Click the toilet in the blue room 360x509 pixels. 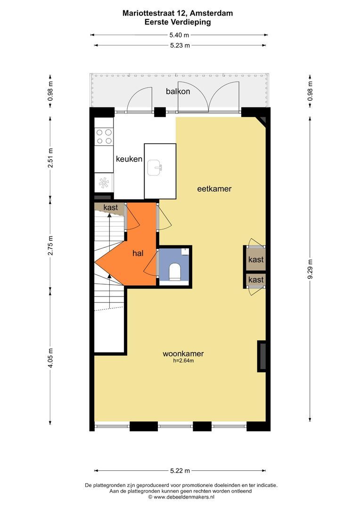coord(175,272)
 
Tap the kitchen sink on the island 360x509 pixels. coord(155,168)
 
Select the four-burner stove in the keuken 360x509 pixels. coord(104,137)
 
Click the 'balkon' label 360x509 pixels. coord(178,91)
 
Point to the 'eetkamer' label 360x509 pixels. coord(214,189)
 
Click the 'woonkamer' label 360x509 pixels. coord(183,353)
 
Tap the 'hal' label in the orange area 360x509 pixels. coord(138,253)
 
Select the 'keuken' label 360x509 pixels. coord(129,159)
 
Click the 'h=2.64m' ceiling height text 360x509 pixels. coord(183,361)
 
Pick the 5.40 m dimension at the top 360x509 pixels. coord(179,35)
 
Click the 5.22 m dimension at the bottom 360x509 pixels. coord(180,471)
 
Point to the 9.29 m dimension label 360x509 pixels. coord(310,269)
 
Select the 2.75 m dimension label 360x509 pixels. coord(50,245)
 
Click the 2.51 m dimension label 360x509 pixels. coord(50,158)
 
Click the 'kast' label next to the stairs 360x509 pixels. coord(111,207)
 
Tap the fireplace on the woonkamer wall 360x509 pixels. coord(262,356)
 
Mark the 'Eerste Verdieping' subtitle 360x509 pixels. coord(178,22)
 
